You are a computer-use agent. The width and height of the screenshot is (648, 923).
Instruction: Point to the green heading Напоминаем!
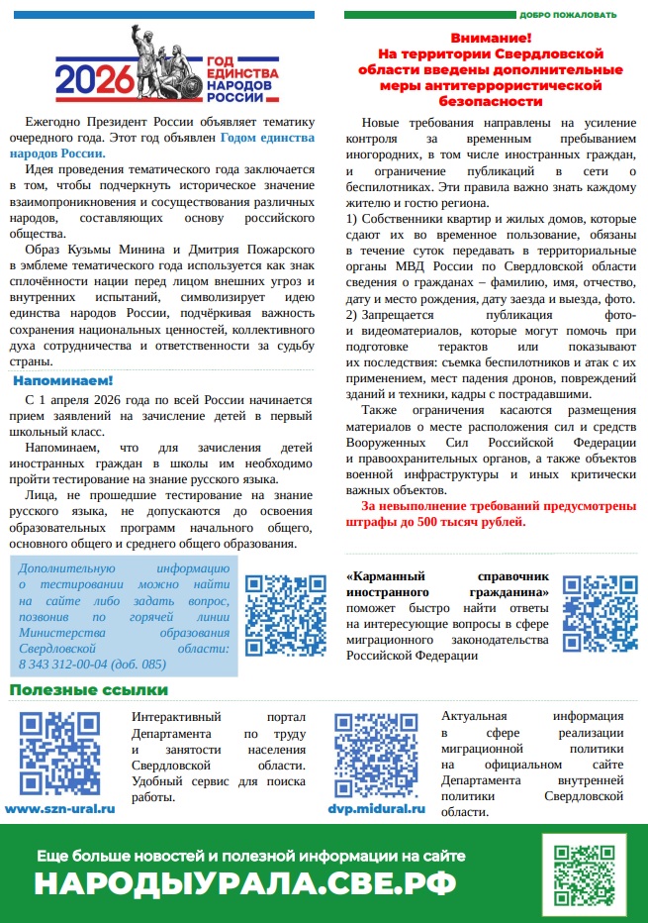click(x=63, y=380)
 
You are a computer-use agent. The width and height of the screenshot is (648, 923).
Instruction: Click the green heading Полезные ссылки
click(x=89, y=689)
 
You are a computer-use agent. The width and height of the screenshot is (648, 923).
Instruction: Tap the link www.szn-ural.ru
click(x=60, y=808)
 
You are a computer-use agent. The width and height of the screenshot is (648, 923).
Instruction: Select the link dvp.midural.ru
click(x=376, y=808)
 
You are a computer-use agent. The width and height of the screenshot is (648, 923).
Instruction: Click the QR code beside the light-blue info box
click(x=285, y=615)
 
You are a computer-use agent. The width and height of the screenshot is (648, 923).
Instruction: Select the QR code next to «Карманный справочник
click(x=601, y=614)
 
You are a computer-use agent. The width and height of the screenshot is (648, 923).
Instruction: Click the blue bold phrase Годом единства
click(x=267, y=137)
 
